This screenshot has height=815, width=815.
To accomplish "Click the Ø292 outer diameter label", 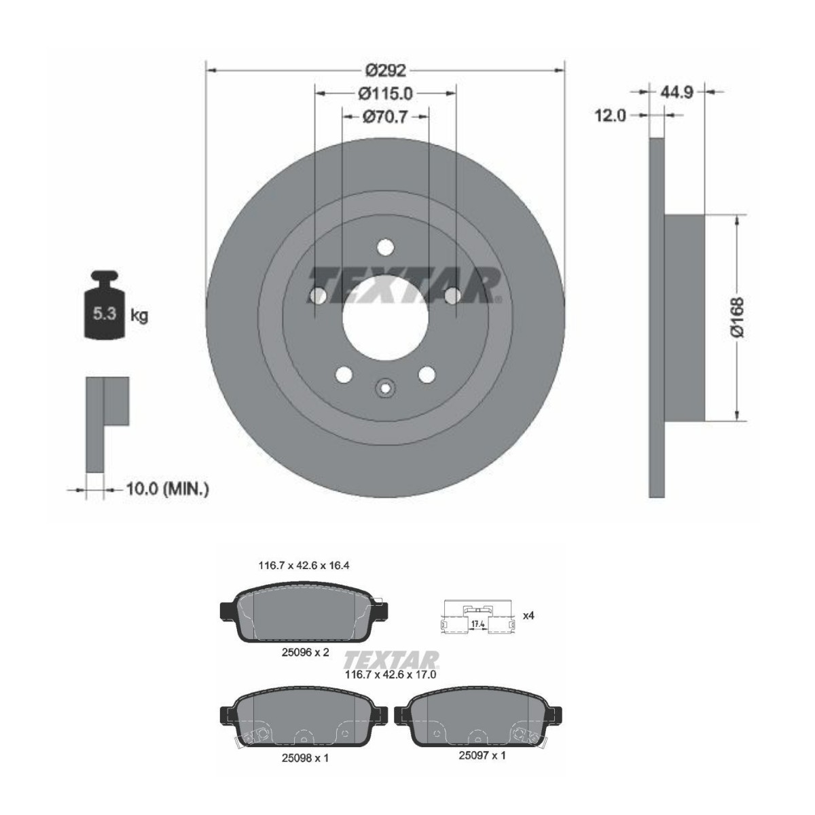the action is (x=385, y=70).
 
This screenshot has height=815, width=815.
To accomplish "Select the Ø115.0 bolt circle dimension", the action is (x=385, y=94).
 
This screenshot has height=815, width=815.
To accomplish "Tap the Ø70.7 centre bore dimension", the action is (x=385, y=116).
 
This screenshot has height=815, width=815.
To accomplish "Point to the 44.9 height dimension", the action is (x=676, y=92).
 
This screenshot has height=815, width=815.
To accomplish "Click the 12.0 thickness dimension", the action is (x=610, y=115).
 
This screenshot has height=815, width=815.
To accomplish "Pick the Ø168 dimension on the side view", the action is (x=737, y=317).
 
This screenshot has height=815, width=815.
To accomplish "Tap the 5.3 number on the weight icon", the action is (x=104, y=314).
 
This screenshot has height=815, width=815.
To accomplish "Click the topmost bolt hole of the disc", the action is (x=385, y=247).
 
